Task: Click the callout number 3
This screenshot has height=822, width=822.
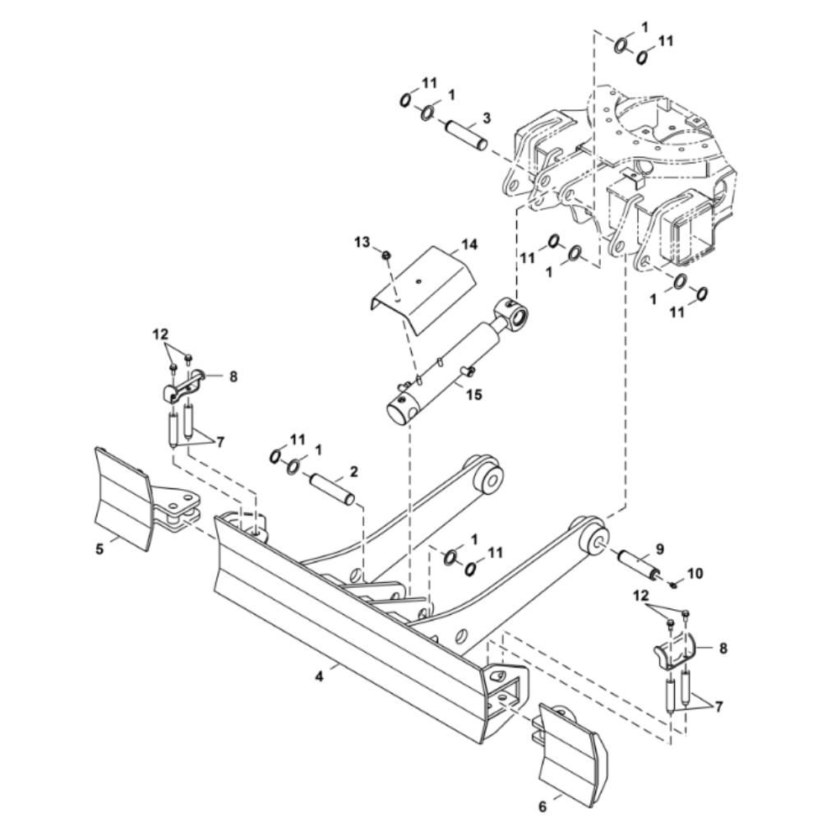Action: point(487,118)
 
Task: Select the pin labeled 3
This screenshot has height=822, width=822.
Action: point(467,136)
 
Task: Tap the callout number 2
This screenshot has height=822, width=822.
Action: point(354,471)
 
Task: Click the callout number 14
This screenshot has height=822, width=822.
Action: point(469,244)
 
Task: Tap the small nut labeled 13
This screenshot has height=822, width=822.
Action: point(386,255)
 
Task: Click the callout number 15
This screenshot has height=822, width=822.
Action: point(474,395)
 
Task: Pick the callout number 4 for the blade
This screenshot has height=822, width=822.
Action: point(319,677)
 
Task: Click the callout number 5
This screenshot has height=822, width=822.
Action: point(99,550)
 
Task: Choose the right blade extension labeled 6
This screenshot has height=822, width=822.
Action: point(572,750)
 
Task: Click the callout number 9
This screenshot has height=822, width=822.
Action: point(659,549)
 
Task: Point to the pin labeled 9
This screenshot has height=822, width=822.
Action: point(638,564)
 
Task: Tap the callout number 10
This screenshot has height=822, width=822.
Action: point(695,574)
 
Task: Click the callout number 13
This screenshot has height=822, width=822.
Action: point(362,242)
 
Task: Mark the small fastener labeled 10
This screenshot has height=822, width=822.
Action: point(674,584)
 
